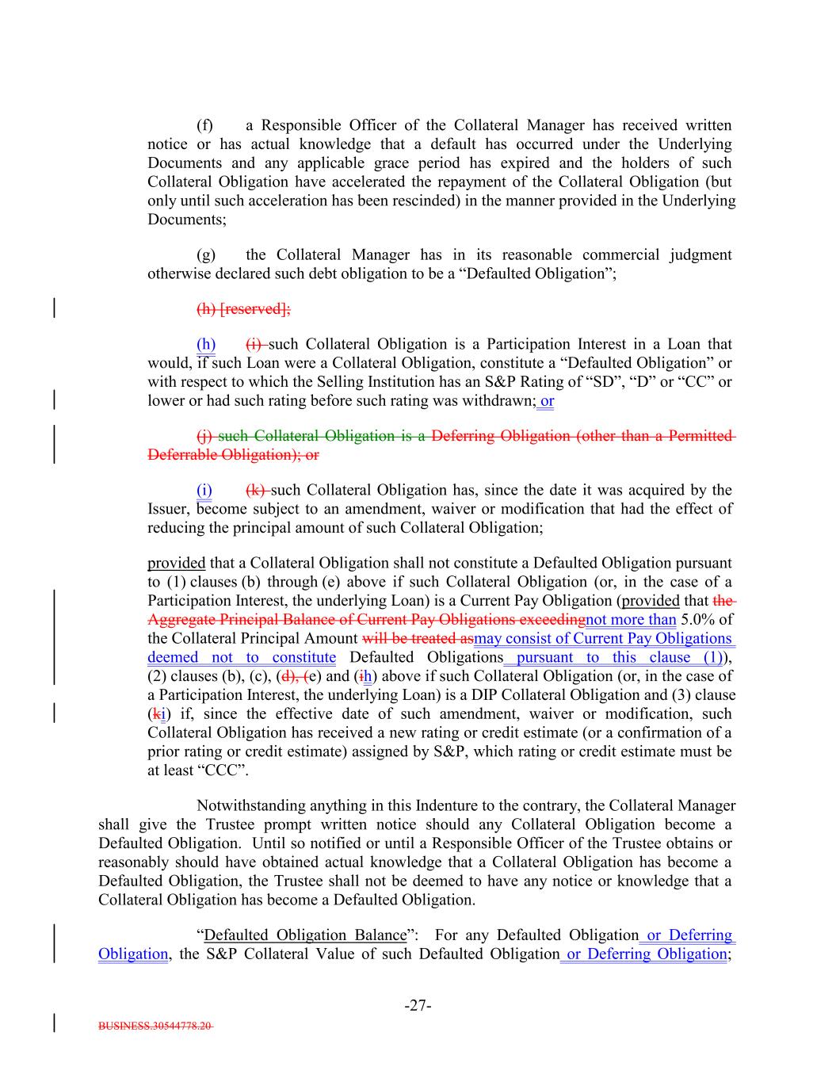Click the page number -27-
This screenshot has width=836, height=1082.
[418, 1006]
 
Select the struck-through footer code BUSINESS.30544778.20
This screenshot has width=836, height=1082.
[155, 1026]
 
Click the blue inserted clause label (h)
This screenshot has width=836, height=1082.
[206, 344]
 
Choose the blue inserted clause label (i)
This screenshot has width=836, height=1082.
[204, 490]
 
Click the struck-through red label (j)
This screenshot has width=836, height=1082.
[204, 436]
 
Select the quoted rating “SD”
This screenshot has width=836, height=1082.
[605, 382]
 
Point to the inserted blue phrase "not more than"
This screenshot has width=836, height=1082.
[631, 619]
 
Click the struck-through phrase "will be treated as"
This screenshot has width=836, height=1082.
[418, 638]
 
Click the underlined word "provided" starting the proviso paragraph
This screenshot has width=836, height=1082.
[176, 563]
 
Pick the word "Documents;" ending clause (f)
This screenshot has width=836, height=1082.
[186, 220]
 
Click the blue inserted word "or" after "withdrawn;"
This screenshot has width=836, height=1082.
[547, 401]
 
